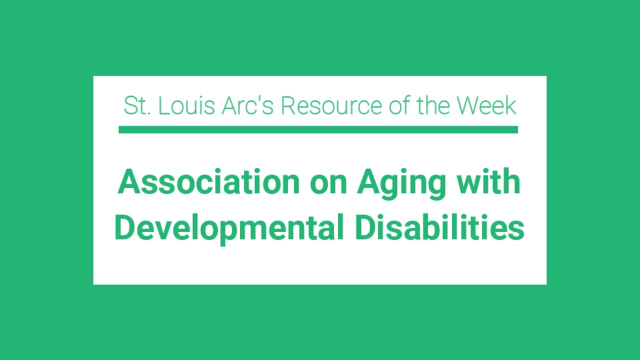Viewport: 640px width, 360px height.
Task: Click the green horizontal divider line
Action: coord(318,130)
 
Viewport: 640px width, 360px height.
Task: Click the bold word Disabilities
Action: coord(440,228)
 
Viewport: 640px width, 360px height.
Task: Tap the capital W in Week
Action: coord(467,106)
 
